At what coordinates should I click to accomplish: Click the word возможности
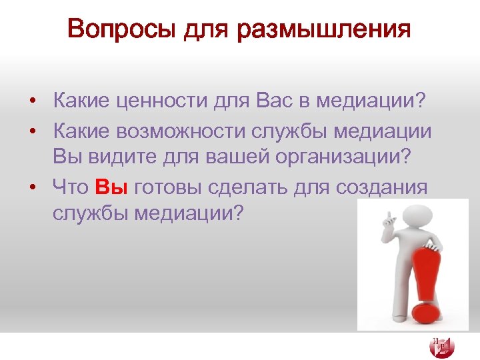click(183, 131)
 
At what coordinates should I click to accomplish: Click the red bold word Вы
click(111, 187)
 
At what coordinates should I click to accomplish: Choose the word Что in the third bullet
click(70, 187)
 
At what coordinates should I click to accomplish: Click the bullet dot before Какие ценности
click(32, 103)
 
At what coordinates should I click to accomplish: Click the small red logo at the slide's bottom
click(442, 346)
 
